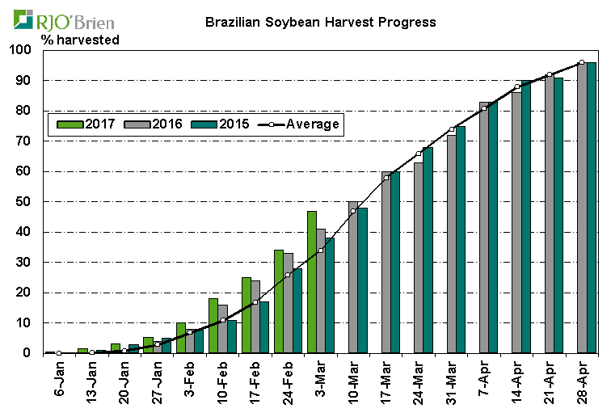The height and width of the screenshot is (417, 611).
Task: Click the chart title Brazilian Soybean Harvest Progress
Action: [x=321, y=22]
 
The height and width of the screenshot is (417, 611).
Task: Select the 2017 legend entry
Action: [x=88, y=124]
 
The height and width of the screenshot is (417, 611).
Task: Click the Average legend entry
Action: [x=300, y=124]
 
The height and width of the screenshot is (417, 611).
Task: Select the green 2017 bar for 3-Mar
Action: [x=311, y=282]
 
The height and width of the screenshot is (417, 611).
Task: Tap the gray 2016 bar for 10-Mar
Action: [x=353, y=277]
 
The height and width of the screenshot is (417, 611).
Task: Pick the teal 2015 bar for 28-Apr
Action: [x=592, y=208]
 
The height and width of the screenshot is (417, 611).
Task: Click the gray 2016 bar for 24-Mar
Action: [x=419, y=258]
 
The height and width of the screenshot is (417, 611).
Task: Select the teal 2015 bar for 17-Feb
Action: [x=264, y=327]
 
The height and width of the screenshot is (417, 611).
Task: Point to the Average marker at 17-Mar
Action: [x=386, y=178]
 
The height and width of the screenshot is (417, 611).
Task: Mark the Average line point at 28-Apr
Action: [x=582, y=62]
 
